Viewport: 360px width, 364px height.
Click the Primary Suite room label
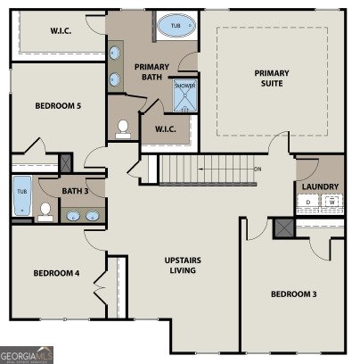(272, 79)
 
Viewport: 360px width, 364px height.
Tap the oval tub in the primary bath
(174, 28)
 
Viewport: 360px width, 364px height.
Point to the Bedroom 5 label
(58, 106)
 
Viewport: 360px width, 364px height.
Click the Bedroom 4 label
(57, 273)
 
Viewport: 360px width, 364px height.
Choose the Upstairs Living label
(183, 266)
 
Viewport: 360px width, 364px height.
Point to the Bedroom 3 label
(293, 294)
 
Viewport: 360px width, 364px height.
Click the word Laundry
(320, 186)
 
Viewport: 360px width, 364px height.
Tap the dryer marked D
(309, 203)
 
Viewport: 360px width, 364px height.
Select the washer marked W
(331, 203)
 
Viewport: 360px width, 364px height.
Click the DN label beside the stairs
(258, 169)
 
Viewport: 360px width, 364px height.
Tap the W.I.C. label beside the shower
(165, 128)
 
